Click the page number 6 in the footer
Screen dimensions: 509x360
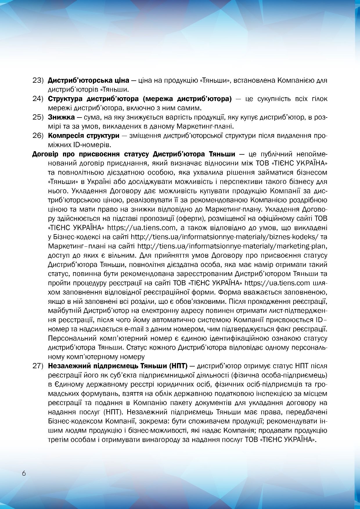tap(24, 473)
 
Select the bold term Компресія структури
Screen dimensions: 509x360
tap(84, 136)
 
